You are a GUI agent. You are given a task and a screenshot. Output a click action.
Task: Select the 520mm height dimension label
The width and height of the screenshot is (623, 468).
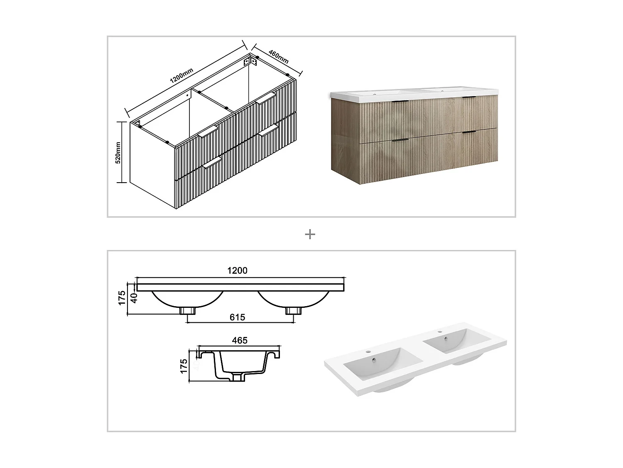[118, 152]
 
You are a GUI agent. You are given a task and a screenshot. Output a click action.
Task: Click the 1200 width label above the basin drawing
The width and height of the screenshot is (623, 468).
[237, 271]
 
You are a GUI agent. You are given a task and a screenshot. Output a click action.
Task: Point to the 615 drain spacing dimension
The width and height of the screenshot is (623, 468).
[237, 317]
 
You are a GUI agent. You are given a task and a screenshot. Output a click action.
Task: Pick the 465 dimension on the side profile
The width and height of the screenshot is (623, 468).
[240, 340]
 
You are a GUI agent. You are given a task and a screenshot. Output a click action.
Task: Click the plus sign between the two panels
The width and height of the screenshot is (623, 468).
[310, 234]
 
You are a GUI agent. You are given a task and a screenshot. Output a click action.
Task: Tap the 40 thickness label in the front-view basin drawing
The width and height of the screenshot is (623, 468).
[133, 297]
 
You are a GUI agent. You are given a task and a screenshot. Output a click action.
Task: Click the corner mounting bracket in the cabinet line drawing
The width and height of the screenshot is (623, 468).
[250, 61]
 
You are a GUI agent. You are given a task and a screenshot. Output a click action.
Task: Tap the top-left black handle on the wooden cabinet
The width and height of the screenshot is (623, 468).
[400, 102]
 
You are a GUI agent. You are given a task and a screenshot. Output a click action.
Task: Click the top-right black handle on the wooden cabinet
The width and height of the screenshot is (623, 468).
[469, 98]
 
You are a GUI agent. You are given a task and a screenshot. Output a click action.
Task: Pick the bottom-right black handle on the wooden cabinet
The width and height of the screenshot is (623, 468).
[469, 132]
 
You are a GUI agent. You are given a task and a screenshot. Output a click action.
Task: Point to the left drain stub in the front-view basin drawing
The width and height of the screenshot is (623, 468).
[187, 311]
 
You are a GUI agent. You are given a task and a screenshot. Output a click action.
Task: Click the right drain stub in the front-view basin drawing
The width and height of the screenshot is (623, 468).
[292, 311]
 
